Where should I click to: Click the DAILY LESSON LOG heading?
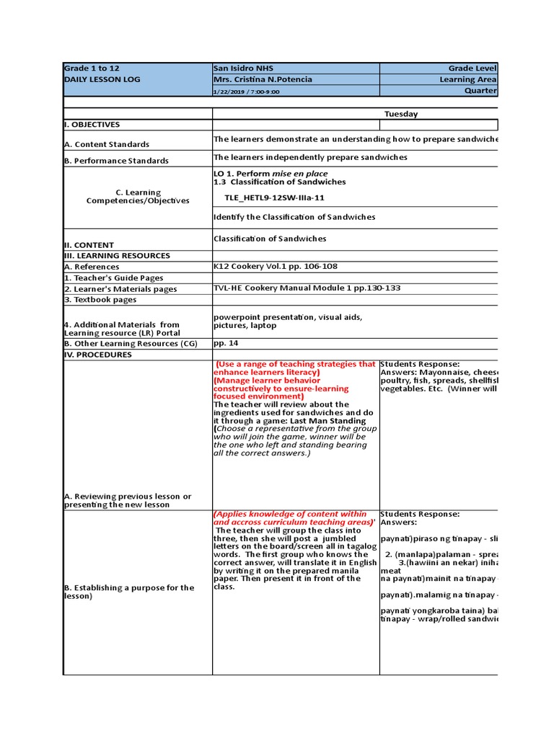tap(102, 79)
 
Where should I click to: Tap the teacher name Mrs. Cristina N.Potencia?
tap(263, 79)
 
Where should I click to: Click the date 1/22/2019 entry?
tap(230, 92)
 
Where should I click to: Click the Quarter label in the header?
tap(480, 91)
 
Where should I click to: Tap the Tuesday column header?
tap(400, 114)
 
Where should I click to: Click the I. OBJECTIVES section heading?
tap(92, 125)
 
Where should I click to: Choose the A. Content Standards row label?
tap(107, 144)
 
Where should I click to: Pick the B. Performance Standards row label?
tap(116, 161)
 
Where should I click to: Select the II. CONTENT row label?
tap(89, 245)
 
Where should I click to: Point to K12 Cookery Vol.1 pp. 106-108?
tap(276, 266)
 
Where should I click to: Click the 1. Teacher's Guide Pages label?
tap(114, 277)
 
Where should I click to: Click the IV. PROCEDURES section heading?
tap(98, 355)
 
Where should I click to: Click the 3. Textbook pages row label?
tap(100, 299)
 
